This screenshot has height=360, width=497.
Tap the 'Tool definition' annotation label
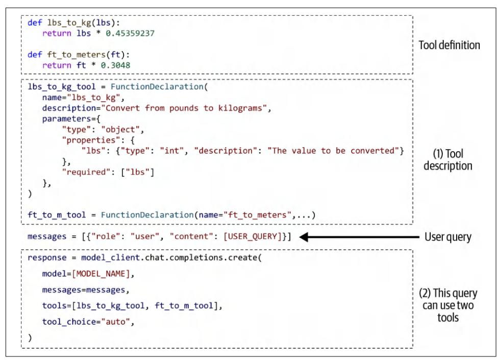tap(449, 45)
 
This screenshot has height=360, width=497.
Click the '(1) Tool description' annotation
tap(448, 160)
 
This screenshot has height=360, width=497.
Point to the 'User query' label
tap(449, 237)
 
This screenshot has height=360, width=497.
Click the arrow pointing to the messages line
tap(357, 237)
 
